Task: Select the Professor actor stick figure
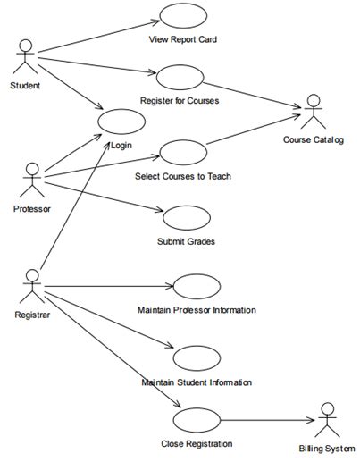tap(32, 178)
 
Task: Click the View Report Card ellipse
tap(183, 16)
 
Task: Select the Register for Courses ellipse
tap(180, 78)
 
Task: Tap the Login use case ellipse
tap(121, 122)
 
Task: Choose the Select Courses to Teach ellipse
tap(183, 152)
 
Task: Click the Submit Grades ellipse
tap(187, 218)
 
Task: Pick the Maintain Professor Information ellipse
tap(197, 286)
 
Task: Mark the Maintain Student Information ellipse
tap(197, 358)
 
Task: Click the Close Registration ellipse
tap(197, 420)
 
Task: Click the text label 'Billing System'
tap(327, 449)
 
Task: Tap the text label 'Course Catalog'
tap(314, 139)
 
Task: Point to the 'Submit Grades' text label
tap(186, 241)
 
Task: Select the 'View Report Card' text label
tap(183, 39)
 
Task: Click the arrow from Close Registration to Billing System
tap(268, 420)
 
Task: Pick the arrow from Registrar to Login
tap(76, 206)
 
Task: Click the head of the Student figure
tap(26, 46)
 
